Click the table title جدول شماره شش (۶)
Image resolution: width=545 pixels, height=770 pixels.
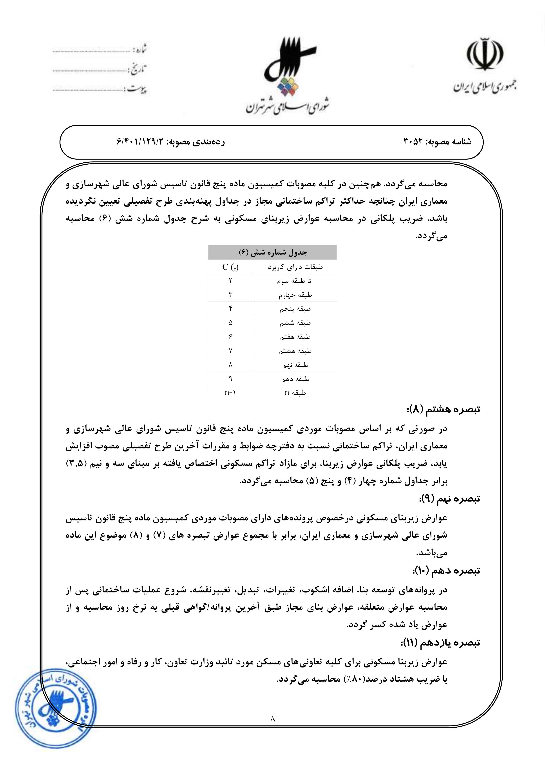click(x=272, y=252)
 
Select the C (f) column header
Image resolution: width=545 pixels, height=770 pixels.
click(x=231, y=267)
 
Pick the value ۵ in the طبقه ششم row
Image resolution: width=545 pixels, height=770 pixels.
click(x=231, y=323)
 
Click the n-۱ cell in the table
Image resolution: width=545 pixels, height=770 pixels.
click(x=231, y=393)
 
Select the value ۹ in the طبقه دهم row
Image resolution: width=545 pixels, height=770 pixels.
click(x=231, y=379)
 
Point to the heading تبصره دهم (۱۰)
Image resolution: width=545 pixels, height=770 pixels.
click(x=446, y=570)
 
